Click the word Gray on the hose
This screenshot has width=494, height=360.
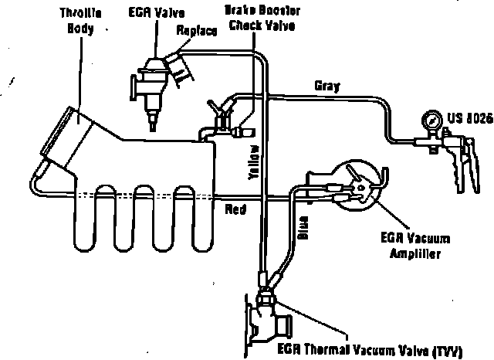point(327,84)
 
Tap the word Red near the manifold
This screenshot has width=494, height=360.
point(235,209)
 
